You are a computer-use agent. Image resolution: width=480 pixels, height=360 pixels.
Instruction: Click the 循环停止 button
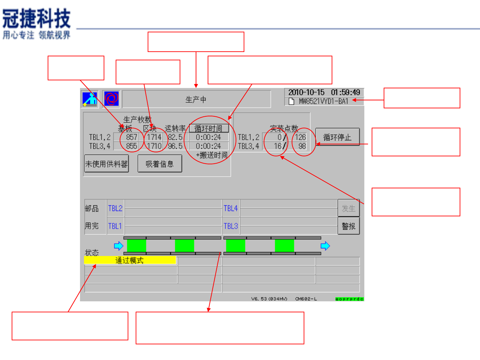point(337,137)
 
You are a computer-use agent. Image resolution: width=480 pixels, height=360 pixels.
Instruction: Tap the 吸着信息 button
point(160,164)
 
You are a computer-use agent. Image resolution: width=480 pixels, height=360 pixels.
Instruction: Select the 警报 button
point(349,226)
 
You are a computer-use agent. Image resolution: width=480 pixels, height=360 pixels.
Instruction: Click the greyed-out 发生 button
point(349,208)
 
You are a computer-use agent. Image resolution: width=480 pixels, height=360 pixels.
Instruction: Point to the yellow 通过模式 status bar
point(130,260)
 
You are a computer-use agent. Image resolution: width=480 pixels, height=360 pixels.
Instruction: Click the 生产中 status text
point(196,99)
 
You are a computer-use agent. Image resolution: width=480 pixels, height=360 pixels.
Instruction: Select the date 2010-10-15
point(306,92)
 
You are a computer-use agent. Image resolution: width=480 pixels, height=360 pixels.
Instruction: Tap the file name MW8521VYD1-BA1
point(323,101)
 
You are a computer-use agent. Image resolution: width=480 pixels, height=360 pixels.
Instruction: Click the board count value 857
point(131,137)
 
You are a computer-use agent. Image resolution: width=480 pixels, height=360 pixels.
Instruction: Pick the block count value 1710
point(154,146)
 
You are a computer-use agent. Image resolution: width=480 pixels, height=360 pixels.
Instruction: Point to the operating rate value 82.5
point(175,137)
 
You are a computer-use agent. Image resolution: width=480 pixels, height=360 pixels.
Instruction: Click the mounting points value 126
point(300,137)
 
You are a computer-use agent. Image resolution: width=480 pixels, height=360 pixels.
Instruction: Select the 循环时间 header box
point(209,128)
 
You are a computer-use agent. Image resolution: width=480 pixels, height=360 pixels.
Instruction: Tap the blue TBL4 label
point(231,208)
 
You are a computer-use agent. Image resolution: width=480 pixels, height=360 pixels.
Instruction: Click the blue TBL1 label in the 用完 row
point(115,226)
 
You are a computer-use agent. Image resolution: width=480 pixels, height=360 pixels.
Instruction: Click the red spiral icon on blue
point(111,99)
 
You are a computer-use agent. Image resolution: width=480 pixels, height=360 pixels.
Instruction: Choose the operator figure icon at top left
point(90,99)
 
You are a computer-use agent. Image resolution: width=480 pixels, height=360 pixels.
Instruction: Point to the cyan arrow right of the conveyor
point(325,246)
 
